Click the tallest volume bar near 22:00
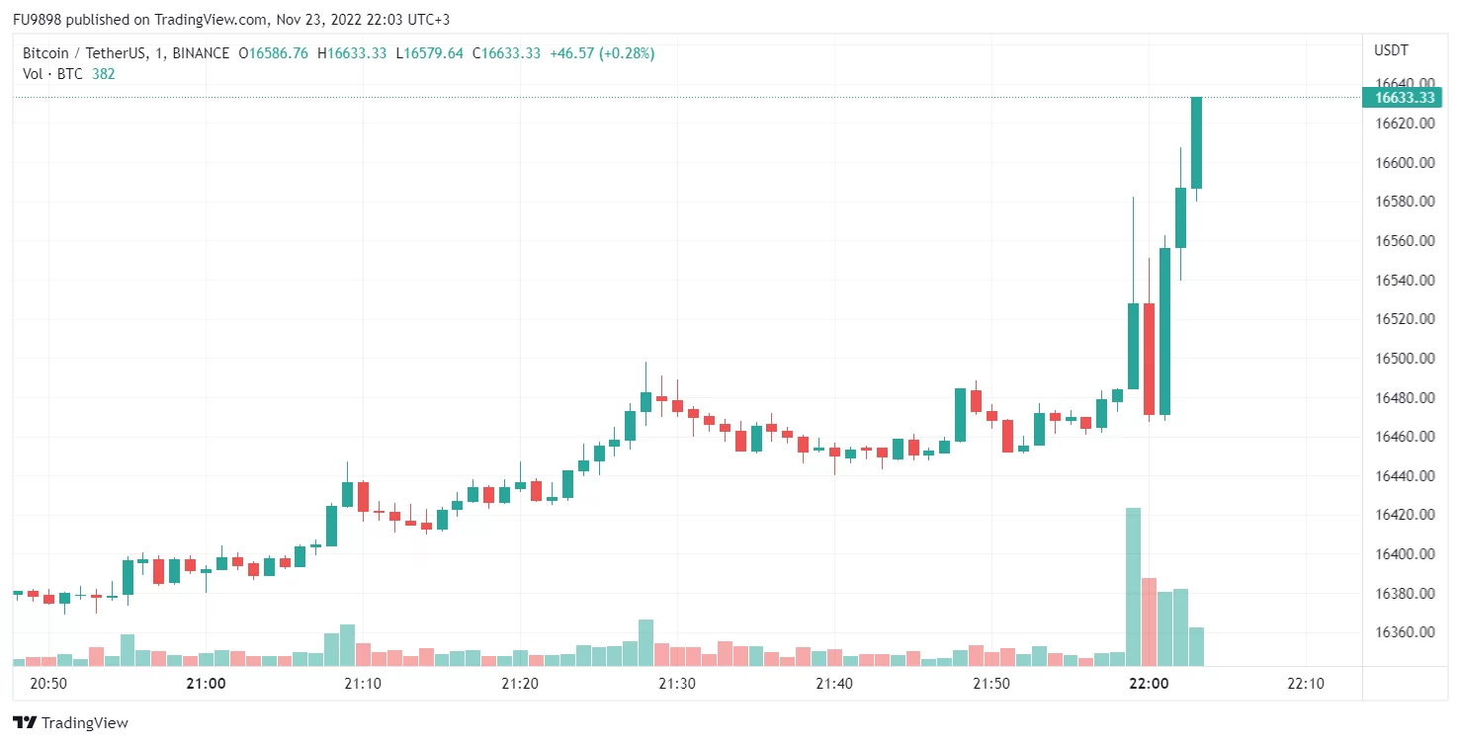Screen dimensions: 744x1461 tap(1133, 587)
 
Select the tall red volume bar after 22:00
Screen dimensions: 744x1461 tap(1149, 621)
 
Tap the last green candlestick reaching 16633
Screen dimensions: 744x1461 tap(1196, 142)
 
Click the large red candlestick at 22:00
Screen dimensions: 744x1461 tap(1149, 359)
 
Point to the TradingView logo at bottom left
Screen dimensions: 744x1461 tap(70, 723)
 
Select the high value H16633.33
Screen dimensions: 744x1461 tap(351, 53)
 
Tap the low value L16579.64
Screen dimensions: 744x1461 tap(429, 53)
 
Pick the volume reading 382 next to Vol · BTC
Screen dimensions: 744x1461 tap(104, 73)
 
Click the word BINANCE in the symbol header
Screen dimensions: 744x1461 tap(201, 53)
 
